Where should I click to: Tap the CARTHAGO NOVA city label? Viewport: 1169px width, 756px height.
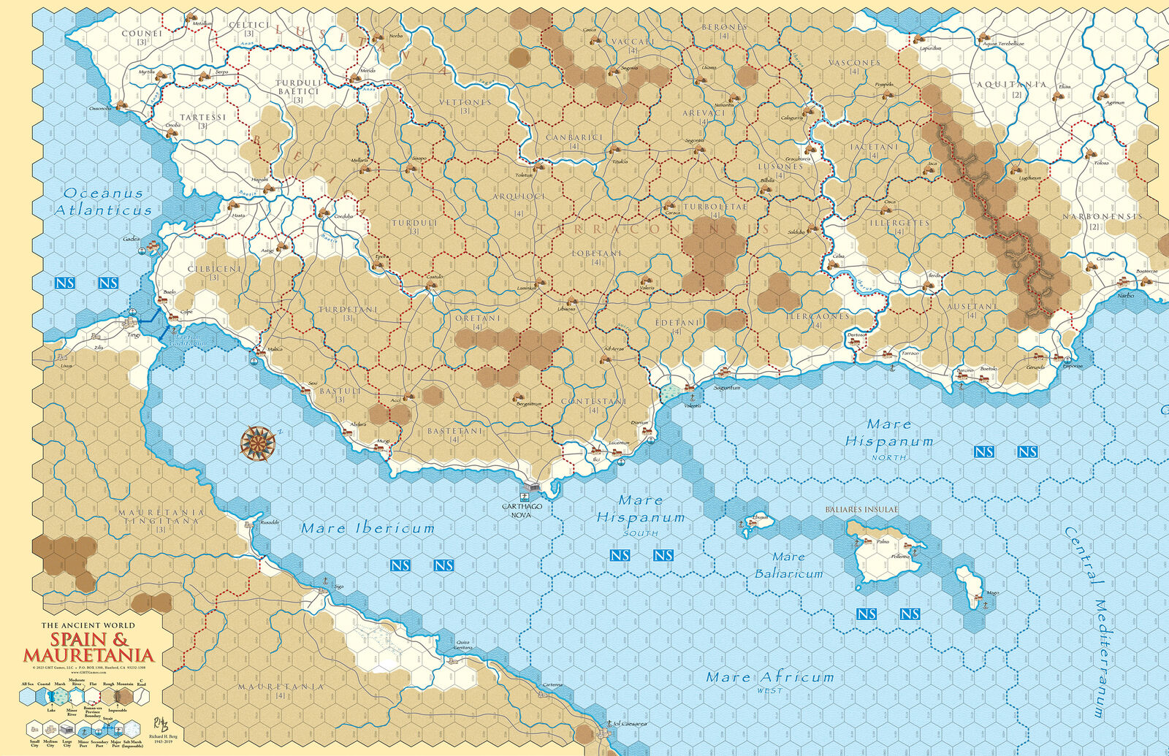pyautogui.click(x=522, y=510)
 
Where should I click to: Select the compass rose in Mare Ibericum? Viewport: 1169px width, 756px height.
pyautogui.click(x=259, y=443)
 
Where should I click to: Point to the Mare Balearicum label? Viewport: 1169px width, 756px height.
pyautogui.click(x=788, y=565)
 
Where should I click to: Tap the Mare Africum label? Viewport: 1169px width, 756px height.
pyautogui.click(x=769, y=678)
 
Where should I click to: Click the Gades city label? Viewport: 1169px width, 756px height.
pyautogui.click(x=132, y=239)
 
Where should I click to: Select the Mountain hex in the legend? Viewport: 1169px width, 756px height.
pyautogui.click(x=125, y=697)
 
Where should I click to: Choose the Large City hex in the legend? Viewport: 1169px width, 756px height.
pyautogui.click(x=66, y=729)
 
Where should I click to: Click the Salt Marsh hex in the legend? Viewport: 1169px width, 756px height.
pyautogui.click(x=132, y=729)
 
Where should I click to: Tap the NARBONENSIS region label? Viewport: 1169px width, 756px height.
pyautogui.click(x=1101, y=217)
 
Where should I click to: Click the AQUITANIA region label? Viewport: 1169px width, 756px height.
pyautogui.click(x=1011, y=85)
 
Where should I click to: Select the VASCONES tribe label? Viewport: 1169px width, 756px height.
pyautogui.click(x=854, y=63)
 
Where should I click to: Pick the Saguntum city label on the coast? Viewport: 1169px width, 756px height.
pyautogui.click(x=727, y=388)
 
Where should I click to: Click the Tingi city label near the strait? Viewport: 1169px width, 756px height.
pyautogui.click(x=134, y=335)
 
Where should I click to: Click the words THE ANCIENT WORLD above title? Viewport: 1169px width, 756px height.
pyautogui.click(x=88, y=625)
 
